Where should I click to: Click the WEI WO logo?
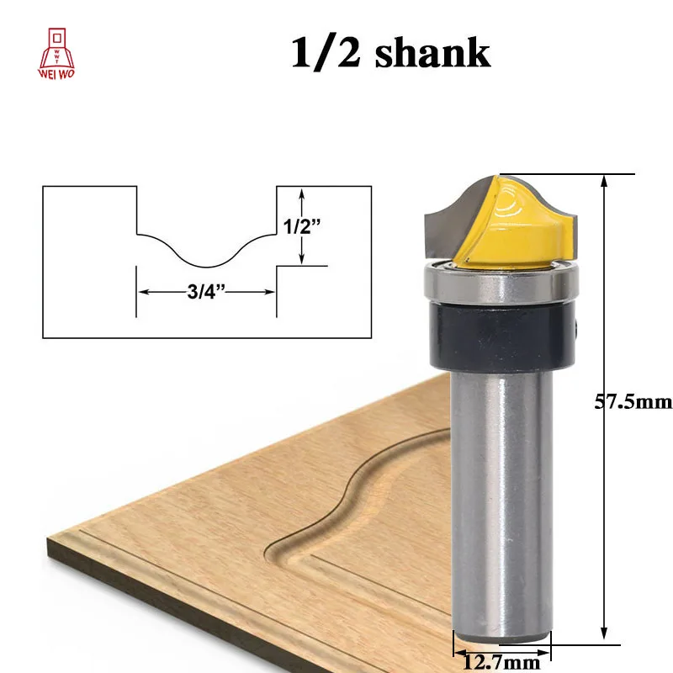tap(56, 54)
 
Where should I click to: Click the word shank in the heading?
tap(432, 52)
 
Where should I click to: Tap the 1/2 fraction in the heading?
tap(326, 53)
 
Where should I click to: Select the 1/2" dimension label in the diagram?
tap(302, 226)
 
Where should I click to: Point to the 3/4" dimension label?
tap(206, 292)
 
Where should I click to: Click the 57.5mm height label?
tap(633, 402)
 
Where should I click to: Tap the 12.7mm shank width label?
tap(501, 662)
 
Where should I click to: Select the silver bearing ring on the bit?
tap(501, 284)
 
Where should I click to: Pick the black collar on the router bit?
tap(502, 335)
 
